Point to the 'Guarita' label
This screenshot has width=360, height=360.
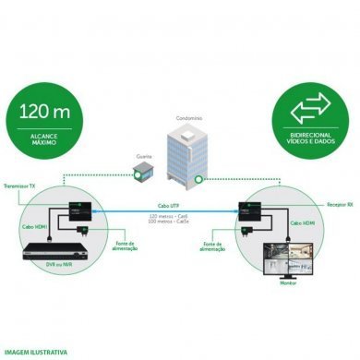click(x=144, y=156)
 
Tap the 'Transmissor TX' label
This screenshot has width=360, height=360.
click(x=21, y=185)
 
